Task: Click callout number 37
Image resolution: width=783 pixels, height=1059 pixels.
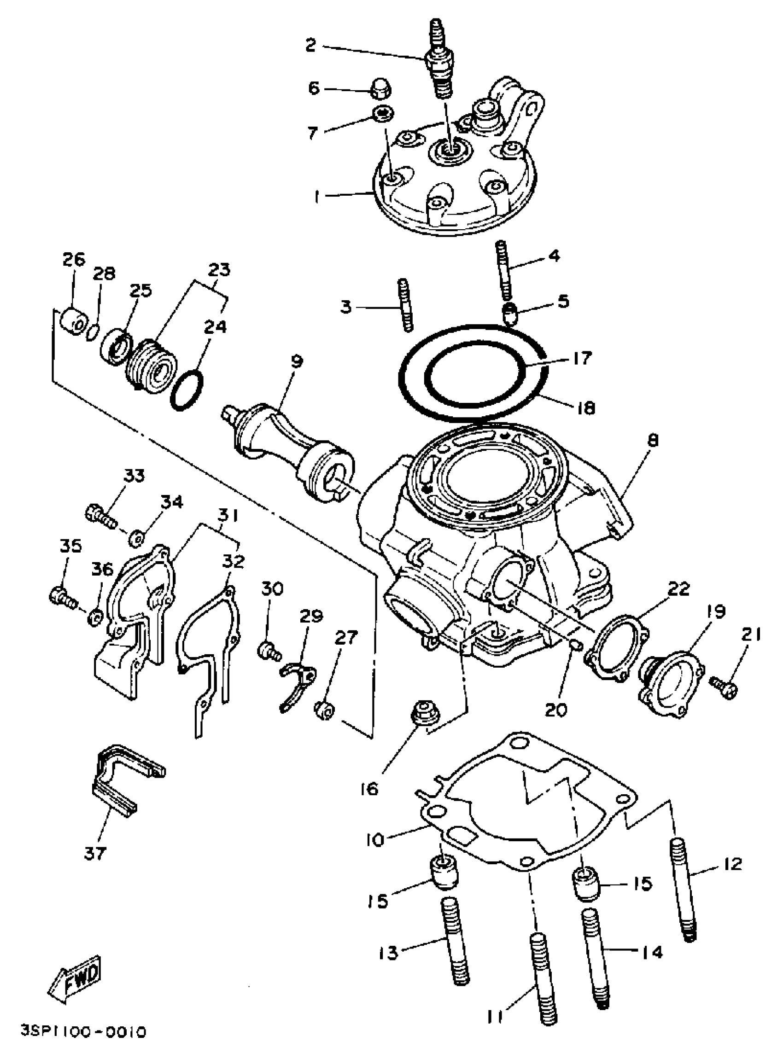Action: [95, 853]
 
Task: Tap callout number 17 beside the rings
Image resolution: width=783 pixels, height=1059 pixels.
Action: [582, 358]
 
